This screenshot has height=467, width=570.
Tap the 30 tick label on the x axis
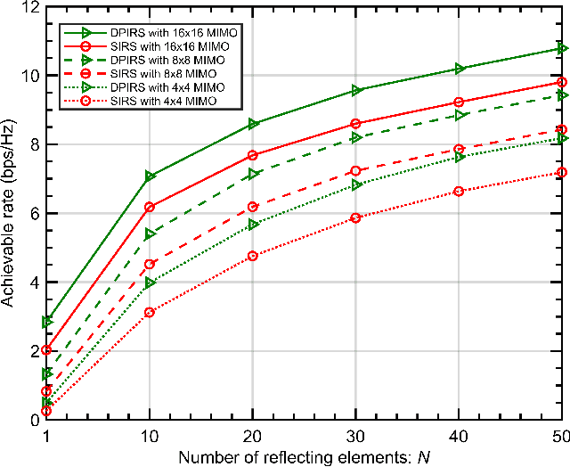click(355, 434)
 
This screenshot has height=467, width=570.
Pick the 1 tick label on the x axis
click(45, 434)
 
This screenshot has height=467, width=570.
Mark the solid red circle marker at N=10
click(150, 207)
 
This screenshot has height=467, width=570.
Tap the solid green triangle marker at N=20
click(253, 124)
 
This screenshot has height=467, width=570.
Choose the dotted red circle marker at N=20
click(253, 256)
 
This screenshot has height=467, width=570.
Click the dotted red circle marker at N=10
click(150, 313)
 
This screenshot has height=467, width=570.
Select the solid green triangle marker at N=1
click(46, 321)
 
